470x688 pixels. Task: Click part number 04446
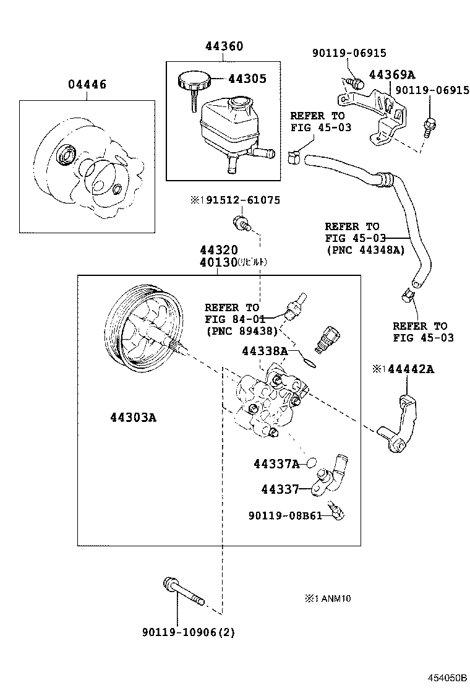pos(86,85)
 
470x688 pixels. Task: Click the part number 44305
pos(247,79)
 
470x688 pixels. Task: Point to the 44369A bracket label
pos(391,75)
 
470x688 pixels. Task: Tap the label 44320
pos(218,251)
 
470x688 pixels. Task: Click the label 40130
pos(218,262)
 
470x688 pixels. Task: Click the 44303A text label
pos(133,418)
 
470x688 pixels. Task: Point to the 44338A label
pos(265,351)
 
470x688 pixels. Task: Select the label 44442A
pos(408,369)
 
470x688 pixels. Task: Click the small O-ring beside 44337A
pos(312,462)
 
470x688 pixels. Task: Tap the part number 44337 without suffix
pos(280,489)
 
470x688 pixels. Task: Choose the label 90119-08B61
pos(285,515)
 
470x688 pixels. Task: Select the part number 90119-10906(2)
pos(188,632)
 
